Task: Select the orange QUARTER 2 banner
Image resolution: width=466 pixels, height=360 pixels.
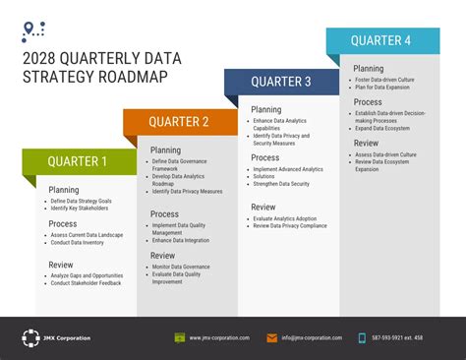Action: (179, 122)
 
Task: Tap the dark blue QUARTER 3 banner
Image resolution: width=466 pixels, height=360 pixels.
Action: (280, 82)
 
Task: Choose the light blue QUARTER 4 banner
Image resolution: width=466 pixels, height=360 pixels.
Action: (382, 41)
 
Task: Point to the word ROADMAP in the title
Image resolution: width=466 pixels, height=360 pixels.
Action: (128, 77)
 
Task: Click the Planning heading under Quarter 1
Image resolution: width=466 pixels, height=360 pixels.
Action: (64, 190)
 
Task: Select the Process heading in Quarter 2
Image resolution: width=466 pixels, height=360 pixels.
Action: (164, 213)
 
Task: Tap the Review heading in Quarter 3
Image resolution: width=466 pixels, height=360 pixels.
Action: (263, 207)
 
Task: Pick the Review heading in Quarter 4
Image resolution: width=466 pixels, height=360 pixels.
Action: (366, 144)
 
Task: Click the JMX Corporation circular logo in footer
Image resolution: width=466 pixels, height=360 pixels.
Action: (30, 337)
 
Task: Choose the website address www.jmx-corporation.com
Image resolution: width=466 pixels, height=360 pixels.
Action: (219, 338)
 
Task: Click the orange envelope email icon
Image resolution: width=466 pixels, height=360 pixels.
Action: (271, 337)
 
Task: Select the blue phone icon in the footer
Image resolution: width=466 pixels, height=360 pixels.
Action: (362, 337)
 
